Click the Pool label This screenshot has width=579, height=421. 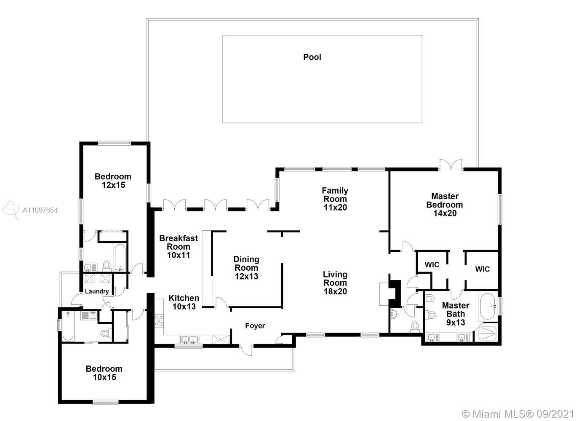click(312, 57)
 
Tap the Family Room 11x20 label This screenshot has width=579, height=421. click(335, 199)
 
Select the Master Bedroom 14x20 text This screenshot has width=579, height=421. click(445, 205)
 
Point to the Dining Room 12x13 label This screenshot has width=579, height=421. click(246, 268)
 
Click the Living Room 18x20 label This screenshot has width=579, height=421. click(335, 283)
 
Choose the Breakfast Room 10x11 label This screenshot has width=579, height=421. click(179, 247)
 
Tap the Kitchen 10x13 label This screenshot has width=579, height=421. click(184, 302)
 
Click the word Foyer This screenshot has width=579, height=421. click(255, 325)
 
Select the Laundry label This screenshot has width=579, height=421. click(97, 291)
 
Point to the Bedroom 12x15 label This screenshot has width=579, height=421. click(113, 181)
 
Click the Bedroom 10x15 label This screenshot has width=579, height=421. click(104, 373)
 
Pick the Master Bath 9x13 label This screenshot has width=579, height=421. click(456, 314)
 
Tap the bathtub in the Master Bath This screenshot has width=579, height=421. click(488, 306)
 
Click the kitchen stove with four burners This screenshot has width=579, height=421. click(159, 321)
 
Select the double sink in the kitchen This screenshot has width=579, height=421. click(189, 339)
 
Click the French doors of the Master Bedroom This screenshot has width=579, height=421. click(451, 165)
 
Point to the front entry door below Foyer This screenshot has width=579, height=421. click(246, 350)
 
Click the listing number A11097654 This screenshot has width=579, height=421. click(40, 210)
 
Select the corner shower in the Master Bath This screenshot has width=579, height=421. click(488, 333)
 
